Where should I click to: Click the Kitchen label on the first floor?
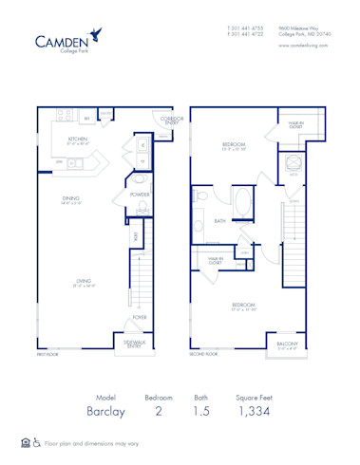pyautogui.click(x=78, y=139)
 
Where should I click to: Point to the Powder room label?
pyautogui.click(x=139, y=195)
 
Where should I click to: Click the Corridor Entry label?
pyautogui.click(x=171, y=121)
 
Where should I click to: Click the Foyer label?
pyautogui.click(x=140, y=318)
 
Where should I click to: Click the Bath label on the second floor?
pyautogui.click(x=219, y=220)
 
